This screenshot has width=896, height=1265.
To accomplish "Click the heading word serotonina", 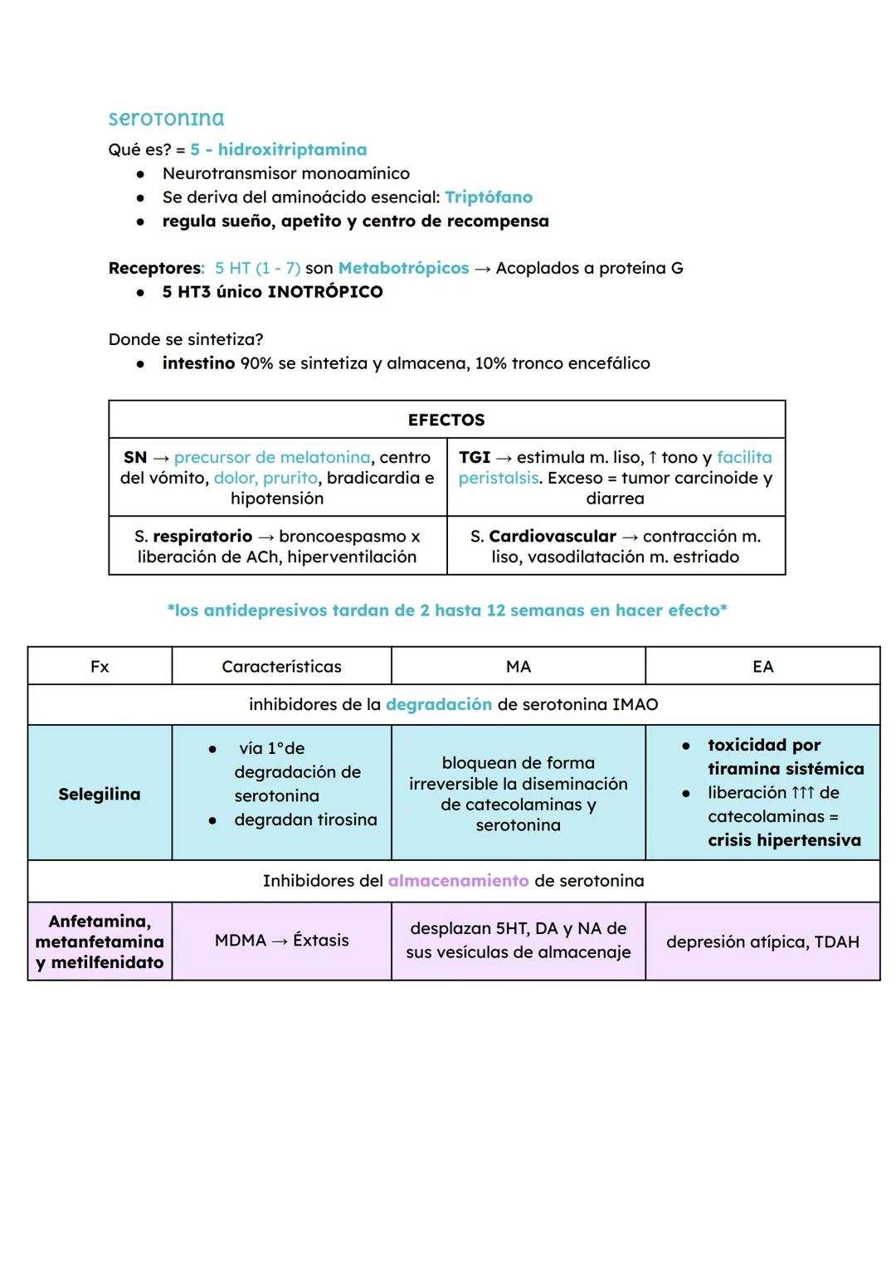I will (x=166, y=119).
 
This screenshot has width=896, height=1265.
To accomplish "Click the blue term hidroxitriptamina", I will (x=292, y=150).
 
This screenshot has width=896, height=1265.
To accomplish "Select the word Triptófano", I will (x=489, y=197).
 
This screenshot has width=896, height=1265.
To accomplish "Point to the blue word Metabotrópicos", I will (x=403, y=269).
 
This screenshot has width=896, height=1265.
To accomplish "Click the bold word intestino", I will (x=198, y=363).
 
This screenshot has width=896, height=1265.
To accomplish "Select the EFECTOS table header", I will (x=446, y=420).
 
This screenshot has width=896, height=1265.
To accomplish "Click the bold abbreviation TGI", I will (x=475, y=457).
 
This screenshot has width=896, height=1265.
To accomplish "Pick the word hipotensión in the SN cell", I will (x=277, y=499).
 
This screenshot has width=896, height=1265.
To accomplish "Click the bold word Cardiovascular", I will (x=553, y=537).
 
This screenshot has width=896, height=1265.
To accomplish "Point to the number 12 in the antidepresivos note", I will (x=496, y=611).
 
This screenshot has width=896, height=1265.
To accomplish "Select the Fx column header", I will (x=100, y=667).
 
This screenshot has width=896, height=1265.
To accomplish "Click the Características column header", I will (x=281, y=667).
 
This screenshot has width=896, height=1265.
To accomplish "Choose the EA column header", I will (x=762, y=667).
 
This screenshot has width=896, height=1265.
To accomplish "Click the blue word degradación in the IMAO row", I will (x=439, y=705).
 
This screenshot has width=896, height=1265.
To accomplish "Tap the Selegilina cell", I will (x=100, y=794).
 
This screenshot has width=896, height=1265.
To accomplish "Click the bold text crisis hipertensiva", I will (x=784, y=840).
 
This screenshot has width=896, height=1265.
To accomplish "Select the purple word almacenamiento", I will (x=458, y=881).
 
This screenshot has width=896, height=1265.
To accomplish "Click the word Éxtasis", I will (x=320, y=941).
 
